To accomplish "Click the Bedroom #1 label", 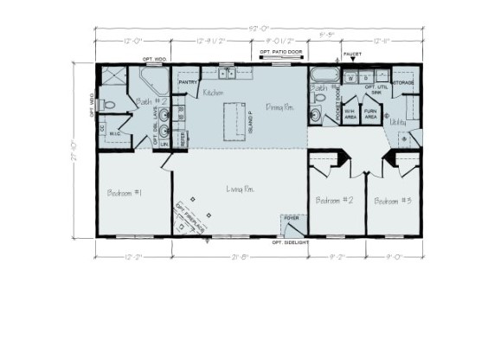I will [125, 192].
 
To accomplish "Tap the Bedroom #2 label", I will [334, 200].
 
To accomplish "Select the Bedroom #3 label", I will [393, 200].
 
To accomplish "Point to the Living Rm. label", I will [240, 189].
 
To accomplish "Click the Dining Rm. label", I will [279, 107].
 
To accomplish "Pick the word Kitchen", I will [214, 93].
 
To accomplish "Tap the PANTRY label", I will [189, 82].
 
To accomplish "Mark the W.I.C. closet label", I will [114, 132].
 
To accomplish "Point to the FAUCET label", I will [351, 54].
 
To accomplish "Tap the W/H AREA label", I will [350, 113].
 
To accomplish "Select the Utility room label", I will [398, 123].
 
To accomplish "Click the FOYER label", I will [291, 217].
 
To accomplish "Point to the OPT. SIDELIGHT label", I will [290, 243].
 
